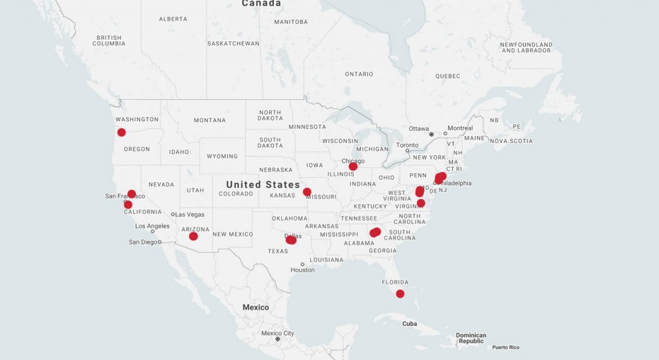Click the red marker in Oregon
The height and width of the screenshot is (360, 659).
122,133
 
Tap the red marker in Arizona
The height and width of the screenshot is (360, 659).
193,236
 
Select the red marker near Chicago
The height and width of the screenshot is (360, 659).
353,167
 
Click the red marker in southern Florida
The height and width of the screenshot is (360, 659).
400,294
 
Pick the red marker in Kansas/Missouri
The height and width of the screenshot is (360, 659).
307,192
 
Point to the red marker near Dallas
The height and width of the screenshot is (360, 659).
291,240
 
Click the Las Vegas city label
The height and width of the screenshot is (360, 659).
190,214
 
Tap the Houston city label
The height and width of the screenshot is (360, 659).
302,270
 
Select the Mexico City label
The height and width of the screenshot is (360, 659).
277,333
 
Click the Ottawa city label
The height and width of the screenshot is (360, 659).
418,128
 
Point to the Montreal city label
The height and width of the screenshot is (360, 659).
460,128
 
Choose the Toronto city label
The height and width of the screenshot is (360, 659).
407,145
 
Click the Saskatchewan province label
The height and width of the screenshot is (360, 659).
233,44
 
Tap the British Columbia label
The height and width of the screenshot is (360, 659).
109,41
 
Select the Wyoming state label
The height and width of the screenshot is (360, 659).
222,156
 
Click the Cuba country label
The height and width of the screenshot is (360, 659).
410,323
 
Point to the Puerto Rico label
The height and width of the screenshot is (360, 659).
505,348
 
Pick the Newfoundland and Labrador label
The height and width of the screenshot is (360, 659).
526,48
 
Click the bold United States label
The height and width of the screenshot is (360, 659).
263,185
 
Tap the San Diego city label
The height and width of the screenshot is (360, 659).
143,242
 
